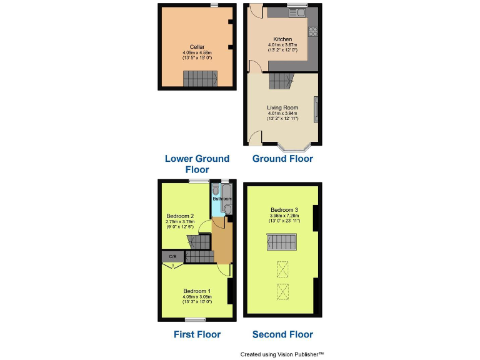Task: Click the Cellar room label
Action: [197, 47]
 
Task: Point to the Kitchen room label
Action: [282, 39]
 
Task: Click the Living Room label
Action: [282, 107]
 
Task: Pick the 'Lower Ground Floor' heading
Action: [197, 164]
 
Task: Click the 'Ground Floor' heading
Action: [282, 159]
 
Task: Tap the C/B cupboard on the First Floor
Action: [172, 257]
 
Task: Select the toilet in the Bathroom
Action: [227, 209]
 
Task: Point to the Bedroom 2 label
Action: [180, 216]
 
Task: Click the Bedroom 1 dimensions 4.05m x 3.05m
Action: [197, 297]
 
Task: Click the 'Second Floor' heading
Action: [282, 334]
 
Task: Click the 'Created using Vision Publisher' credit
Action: [282, 354]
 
